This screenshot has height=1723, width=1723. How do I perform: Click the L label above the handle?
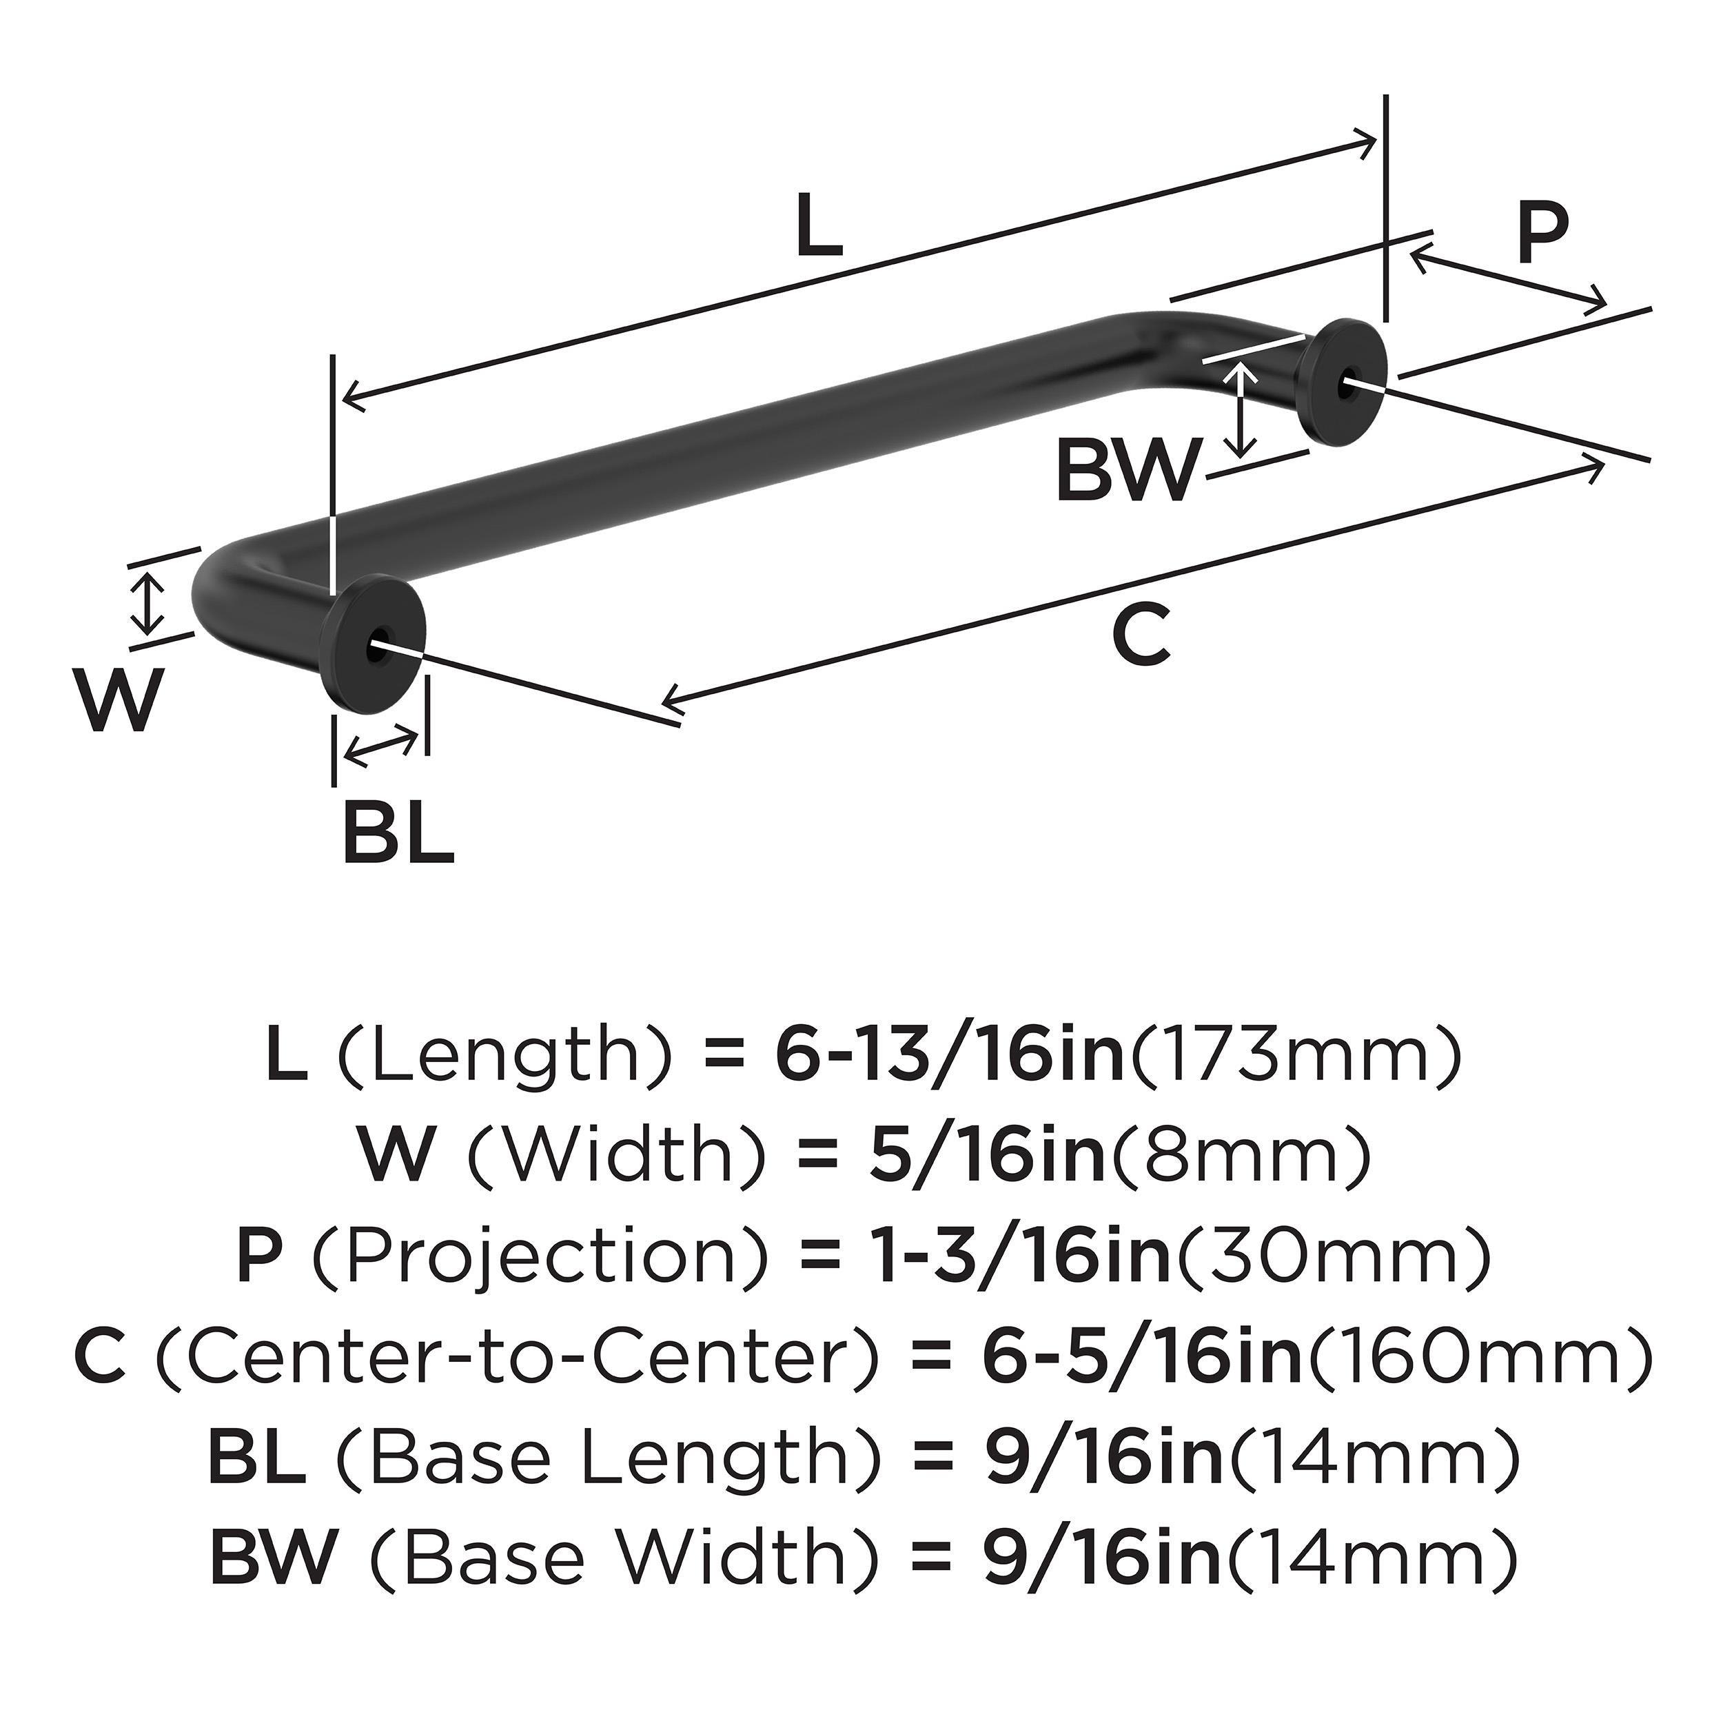tap(819, 227)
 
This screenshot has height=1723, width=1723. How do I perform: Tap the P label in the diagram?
tap(1541, 234)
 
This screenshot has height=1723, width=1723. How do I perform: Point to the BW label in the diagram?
tap(1125, 473)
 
